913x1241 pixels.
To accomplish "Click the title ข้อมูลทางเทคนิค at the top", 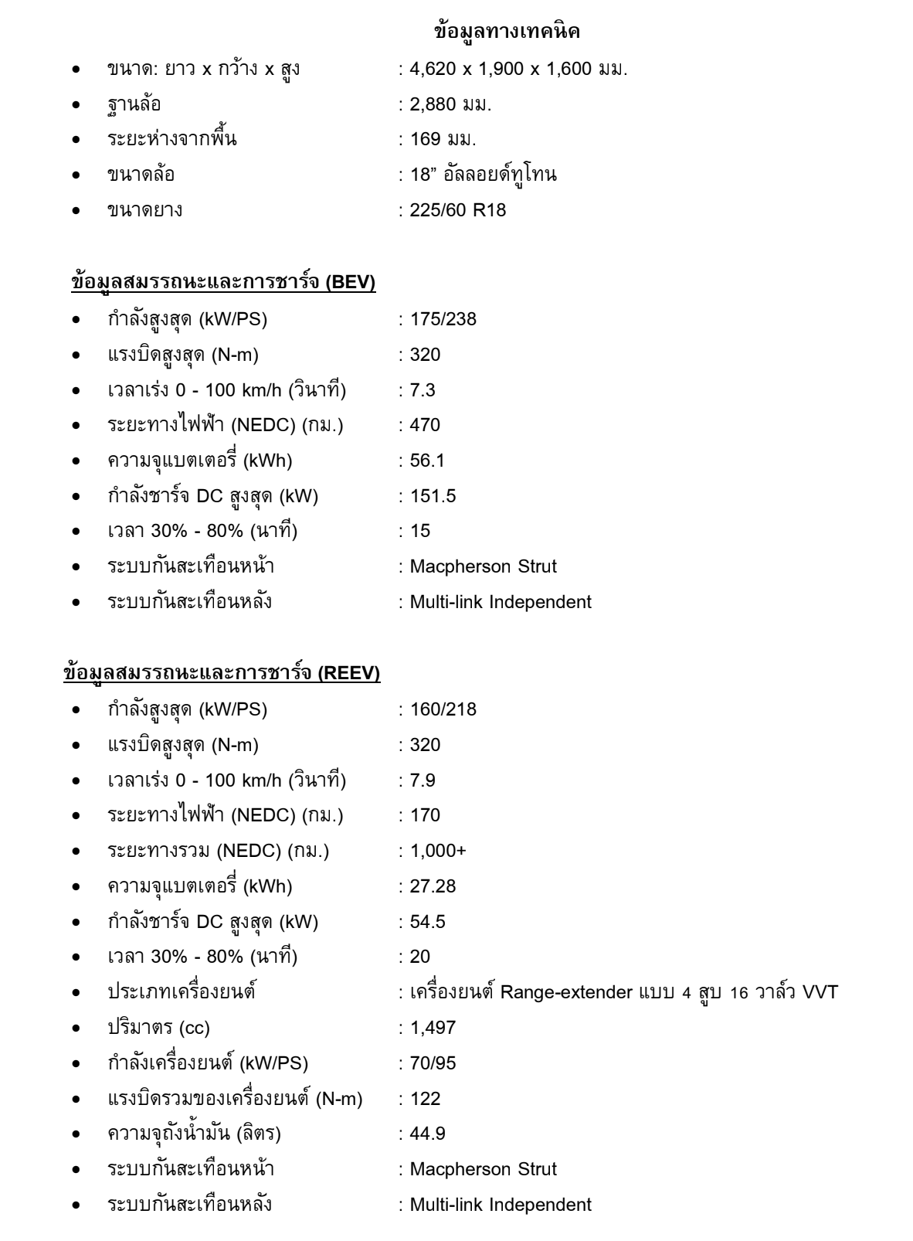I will [507, 32].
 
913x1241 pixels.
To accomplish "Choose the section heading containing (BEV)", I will [222, 284].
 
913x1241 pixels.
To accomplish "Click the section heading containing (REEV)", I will [222, 674].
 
